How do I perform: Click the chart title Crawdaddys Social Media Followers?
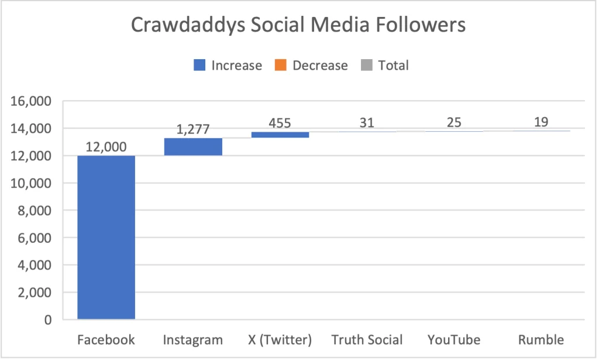tap(298, 25)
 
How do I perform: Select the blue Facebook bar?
tap(106, 237)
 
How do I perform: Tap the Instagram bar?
tap(193, 146)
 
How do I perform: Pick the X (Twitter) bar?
tap(280, 135)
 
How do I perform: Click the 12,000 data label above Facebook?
tap(106, 147)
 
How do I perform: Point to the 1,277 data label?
tap(193, 129)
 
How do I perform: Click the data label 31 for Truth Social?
tap(367, 123)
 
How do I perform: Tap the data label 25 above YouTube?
tap(454, 123)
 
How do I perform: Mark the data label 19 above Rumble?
tap(541, 123)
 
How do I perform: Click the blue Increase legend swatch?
tap(200, 66)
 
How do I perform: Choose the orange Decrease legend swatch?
tap(281, 66)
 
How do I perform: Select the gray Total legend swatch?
tap(367, 66)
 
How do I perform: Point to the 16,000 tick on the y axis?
tap(32, 101)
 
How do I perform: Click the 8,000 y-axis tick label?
tap(35, 211)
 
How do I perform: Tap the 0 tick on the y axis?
tap(47, 320)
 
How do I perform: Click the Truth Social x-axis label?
tap(367, 340)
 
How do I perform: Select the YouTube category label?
tap(454, 340)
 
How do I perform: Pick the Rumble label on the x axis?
tap(541, 340)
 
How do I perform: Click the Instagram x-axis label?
tap(193, 340)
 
